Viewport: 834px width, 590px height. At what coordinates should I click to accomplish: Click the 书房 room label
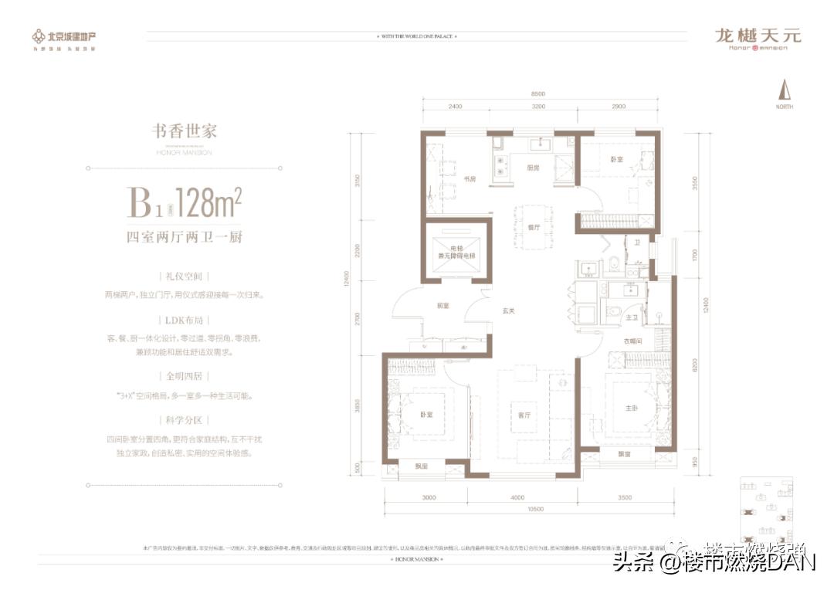(469, 179)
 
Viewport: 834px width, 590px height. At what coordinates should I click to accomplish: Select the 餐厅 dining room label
(532, 228)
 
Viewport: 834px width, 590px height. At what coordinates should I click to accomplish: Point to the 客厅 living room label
(524, 415)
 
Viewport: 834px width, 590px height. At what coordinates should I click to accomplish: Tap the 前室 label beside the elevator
(442, 305)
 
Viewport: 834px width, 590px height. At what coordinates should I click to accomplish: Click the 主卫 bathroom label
(631, 317)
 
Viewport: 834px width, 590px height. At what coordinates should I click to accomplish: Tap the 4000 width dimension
(517, 497)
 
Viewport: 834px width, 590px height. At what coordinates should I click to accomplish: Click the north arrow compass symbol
(785, 90)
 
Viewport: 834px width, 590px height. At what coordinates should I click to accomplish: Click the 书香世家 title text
(184, 131)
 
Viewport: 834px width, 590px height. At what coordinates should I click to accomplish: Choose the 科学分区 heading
(184, 421)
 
